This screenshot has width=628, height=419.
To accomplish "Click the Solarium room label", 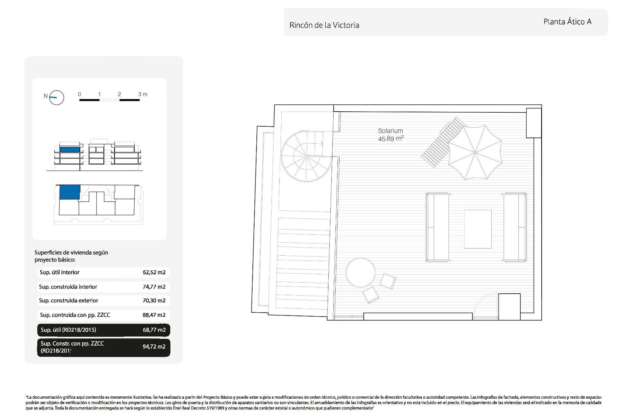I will coord(391,131).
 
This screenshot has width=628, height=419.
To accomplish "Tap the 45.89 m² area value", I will coord(391,138).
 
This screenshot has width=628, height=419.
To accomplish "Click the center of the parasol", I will coord(475,153).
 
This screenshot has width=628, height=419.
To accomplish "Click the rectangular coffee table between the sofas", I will coord(478,229).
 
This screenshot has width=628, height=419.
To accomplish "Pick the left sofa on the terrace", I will coord(437,227).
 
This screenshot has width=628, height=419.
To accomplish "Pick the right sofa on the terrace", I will coord(515,227).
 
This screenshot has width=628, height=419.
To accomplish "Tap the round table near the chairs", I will coord(360,273).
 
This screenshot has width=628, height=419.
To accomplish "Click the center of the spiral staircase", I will coord(306,156).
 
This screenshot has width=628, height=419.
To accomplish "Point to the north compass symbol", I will coord(56,97).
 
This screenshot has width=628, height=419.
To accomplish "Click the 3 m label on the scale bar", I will coord(143,94).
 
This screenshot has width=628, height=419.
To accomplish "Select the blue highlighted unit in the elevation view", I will coord(70,150).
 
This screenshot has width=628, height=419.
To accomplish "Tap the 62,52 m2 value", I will coord(154,272).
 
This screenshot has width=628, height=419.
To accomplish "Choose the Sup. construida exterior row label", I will coord(68,301).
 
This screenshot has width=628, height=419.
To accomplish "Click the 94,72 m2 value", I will coord(154,347).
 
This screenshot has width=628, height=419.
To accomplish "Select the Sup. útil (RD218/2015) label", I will coord(68,330).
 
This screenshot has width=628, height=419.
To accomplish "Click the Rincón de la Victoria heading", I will coord(324,25).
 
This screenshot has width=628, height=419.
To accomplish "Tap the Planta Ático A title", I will coord(567,22).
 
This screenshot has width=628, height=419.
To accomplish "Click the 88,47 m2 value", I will coord(154,315).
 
